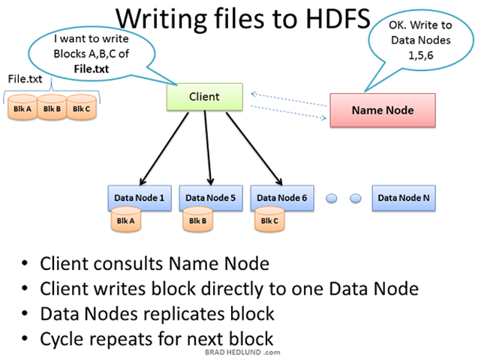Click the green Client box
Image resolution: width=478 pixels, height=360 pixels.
pyautogui.click(x=204, y=97)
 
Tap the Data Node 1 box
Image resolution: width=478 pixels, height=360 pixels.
pyautogui.click(x=139, y=198)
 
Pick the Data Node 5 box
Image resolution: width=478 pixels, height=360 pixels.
pyautogui.click(x=210, y=198)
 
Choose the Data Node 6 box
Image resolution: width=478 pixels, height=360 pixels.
pyautogui.click(x=281, y=198)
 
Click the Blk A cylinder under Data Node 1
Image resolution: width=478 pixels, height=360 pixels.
pyautogui.click(x=126, y=221)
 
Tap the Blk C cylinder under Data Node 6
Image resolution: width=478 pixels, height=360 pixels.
pyautogui.click(x=269, y=221)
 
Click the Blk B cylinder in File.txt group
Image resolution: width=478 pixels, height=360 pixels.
pyautogui.click(x=52, y=108)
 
